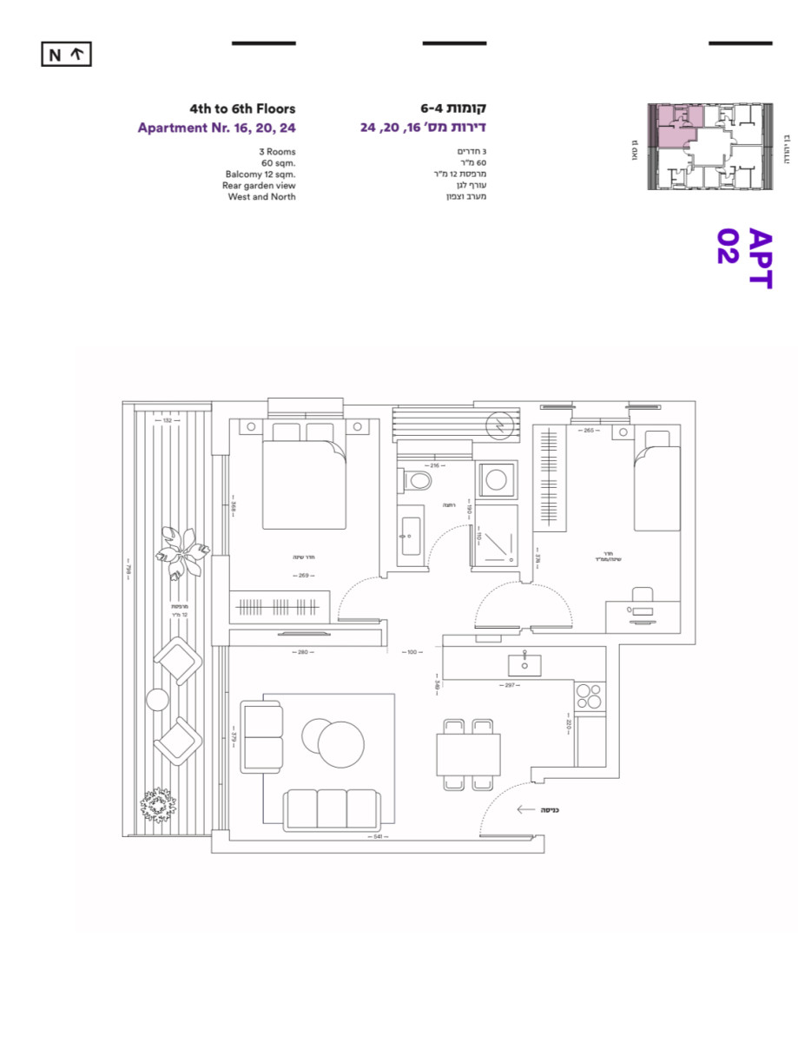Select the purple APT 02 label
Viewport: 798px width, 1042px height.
tap(745, 258)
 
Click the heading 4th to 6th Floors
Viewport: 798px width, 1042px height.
tap(243, 109)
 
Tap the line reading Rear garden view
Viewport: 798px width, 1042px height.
tap(259, 185)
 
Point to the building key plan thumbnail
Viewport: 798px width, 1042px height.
tap(709, 147)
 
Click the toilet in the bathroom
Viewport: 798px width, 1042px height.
tap(419, 480)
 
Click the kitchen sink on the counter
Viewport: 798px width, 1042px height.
tap(525, 664)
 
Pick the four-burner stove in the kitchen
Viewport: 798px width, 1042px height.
tap(590, 696)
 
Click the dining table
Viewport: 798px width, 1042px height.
tap(469, 754)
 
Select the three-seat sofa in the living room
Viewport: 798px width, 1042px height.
tap(331, 808)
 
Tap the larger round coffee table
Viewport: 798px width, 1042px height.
tap(340, 744)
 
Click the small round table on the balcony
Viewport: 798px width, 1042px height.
tap(157, 699)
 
